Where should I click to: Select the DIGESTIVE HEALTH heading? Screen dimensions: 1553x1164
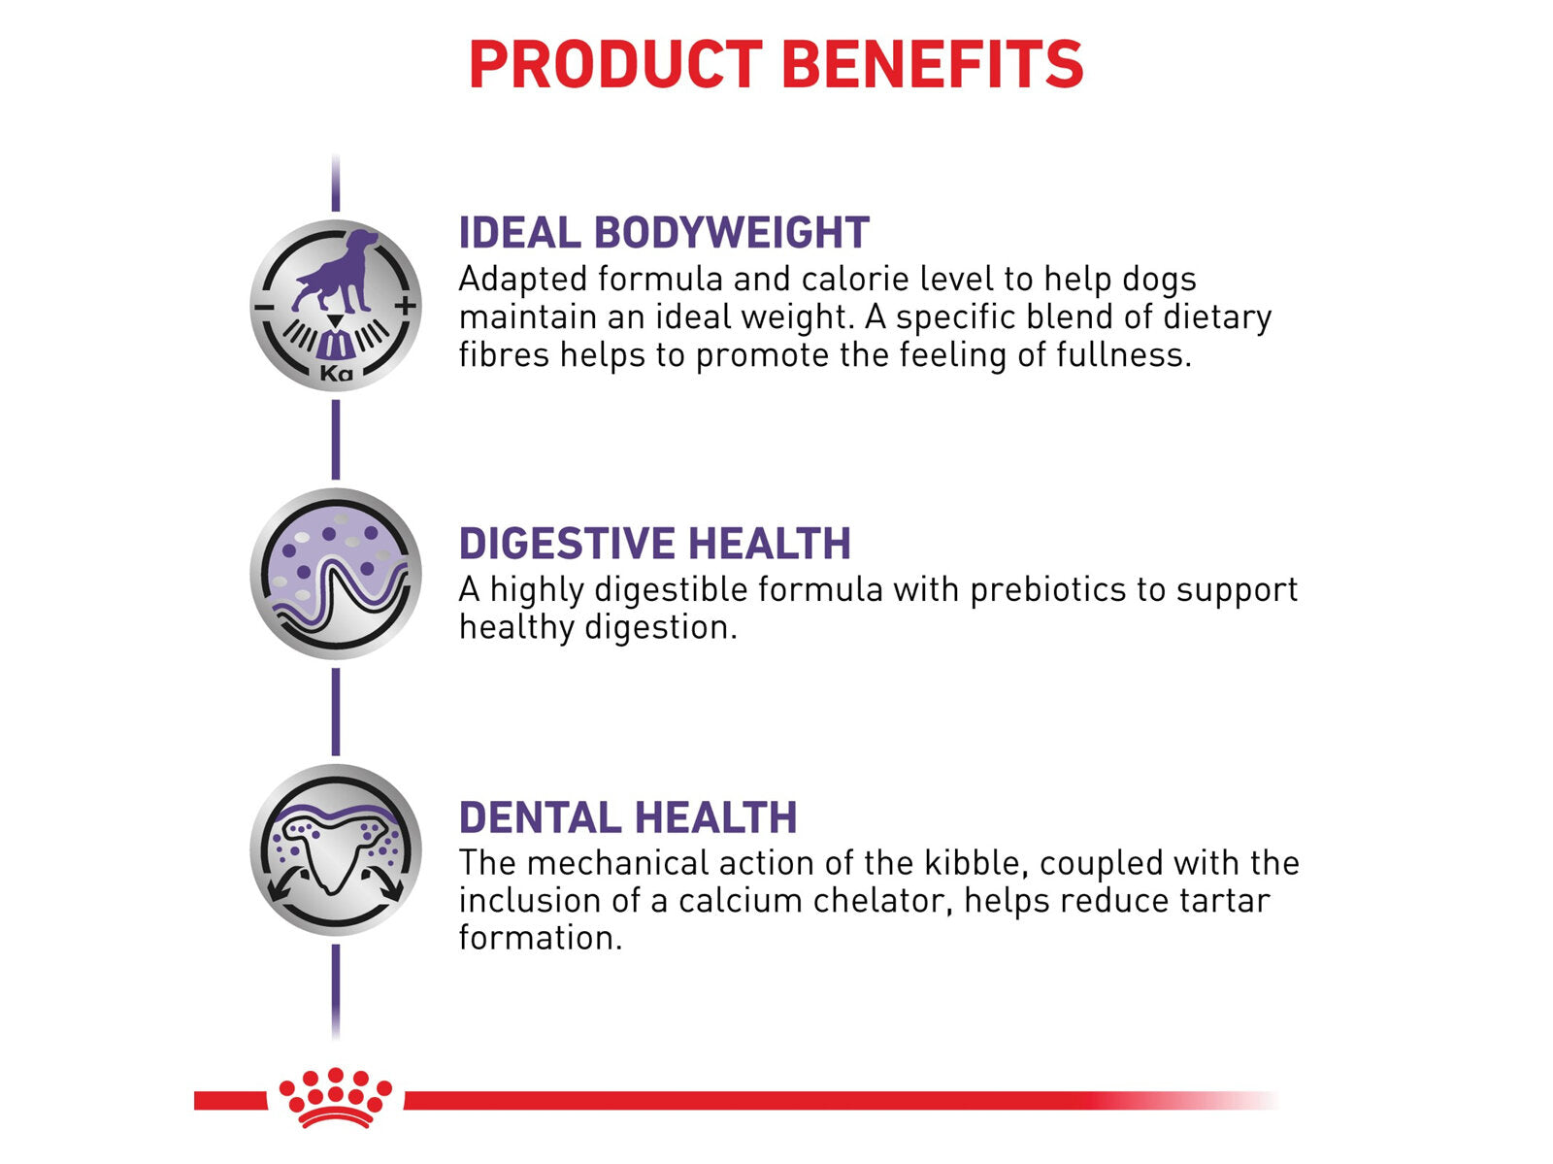(654, 544)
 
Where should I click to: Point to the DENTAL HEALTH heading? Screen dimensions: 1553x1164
(628, 817)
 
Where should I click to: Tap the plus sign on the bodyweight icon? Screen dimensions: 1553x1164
(406, 306)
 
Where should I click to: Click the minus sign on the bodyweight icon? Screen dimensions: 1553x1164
(263, 307)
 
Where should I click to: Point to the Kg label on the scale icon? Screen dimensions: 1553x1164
(336, 372)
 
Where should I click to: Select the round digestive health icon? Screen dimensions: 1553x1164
(336, 574)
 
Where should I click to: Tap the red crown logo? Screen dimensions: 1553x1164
(336, 1097)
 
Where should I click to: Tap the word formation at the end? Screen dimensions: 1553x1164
(540, 938)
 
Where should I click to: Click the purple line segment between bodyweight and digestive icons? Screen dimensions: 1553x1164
(336, 440)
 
